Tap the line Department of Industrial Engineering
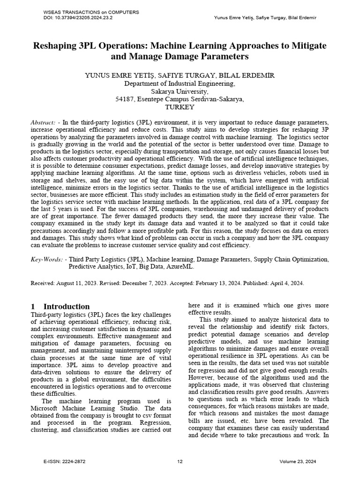(x=180, y=83)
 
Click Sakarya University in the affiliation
(x=180, y=91)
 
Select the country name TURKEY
(x=180, y=107)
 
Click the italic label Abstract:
(x=43, y=121)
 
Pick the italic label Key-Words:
(x=46, y=259)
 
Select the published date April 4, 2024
(x=286, y=283)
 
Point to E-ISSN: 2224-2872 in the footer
(x=64, y=462)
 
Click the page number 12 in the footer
(x=180, y=462)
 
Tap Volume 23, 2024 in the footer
(x=298, y=462)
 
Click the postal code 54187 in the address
(x=125, y=99)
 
